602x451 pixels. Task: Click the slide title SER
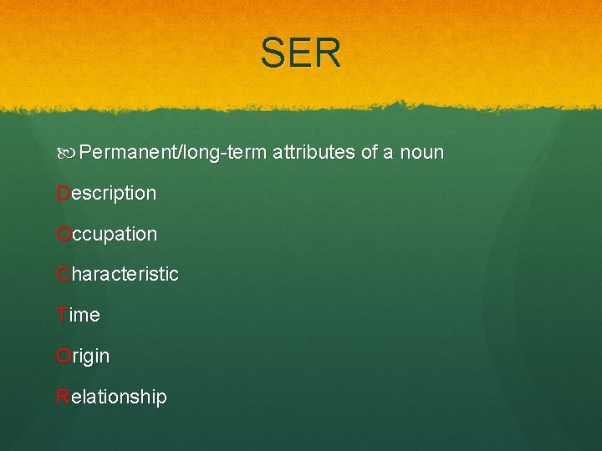pyautogui.click(x=300, y=53)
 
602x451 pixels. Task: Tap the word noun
pyautogui.click(x=421, y=153)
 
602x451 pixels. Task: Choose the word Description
pyautogui.click(x=106, y=194)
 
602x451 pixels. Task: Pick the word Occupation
pyautogui.click(x=106, y=235)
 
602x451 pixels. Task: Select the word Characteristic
pyautogui.click(x=117, y=275)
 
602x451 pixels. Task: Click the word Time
pyautogui.click(x=78, y=316)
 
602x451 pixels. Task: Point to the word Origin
pyautogui.click(x=83, y=357)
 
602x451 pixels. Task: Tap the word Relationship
pyautogui.click(x=111, y=398)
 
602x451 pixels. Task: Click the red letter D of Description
pyautogui.click(x=63, y=194)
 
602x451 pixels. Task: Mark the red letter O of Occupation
pyautogui.click(x=63, y=235)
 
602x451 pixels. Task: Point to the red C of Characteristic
pyautogui.click(x=63, y=275)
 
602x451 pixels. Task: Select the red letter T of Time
pyautogui.click(x=62, y=316)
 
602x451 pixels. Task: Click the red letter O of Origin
pyautogui.click(x=63, y=357)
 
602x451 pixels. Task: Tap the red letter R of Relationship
pyautogui.click(x=63, y=398)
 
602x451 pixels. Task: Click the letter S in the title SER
pyautogui.click(x=273, y=53)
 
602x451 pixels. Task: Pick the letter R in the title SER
pyautogui.click(x=329, y=53)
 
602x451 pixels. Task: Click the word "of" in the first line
pyautogui.click(x=369, y=153)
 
